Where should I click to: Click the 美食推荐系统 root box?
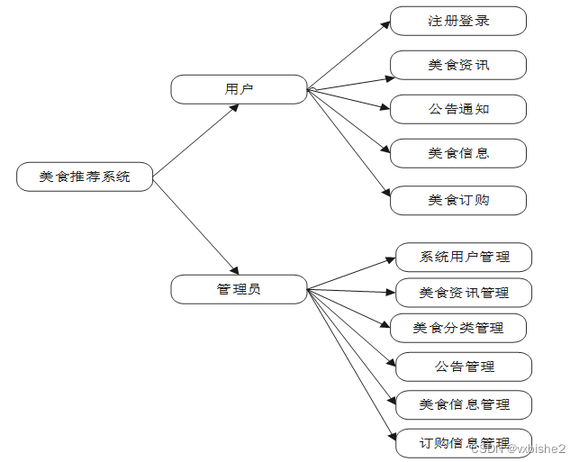[x=85, y=177]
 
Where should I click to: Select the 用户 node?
[x=239, y=89]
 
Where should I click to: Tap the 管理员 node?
[x=239, y=289]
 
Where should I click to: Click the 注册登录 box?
[x=458, y=21]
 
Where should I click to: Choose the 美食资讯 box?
[x=458, y=65]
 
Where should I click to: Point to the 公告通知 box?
[x=458, y=109]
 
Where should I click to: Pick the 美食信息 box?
[x=458, y=153]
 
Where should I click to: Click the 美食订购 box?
[x=458, y=200]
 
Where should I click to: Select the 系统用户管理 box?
[x=464, y=257]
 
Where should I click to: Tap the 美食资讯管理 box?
[x=464, y=293]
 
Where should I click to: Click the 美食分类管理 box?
[x=458, y=328]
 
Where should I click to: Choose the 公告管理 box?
[x=464, y=367]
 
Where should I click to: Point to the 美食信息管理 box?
[x=464, y=404]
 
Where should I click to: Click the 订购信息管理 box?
[x=464, y=442]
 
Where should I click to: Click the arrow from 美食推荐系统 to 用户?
[x=196, y=138]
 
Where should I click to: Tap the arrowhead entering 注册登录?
[x=385, y=29]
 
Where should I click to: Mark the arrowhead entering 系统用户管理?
[x=390, y=259]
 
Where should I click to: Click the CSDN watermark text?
[x=519, y=448]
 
